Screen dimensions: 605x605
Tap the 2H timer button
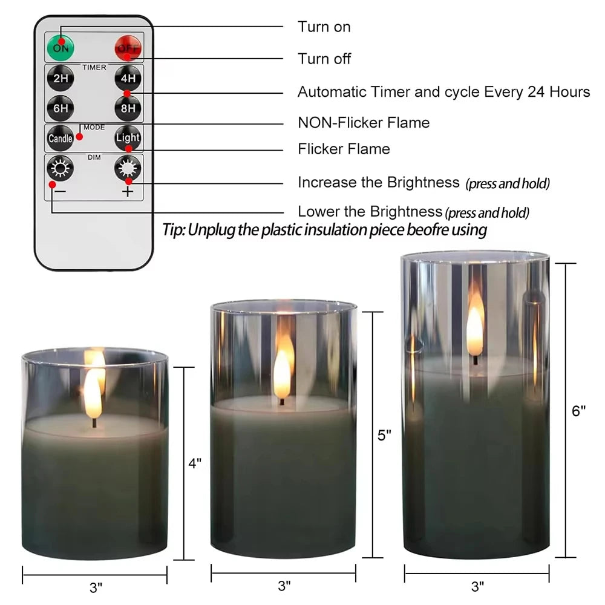pyautogui.click(x=60, y=79)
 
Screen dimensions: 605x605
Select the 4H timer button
pyautogui.click(x=128, y=79)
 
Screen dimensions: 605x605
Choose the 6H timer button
pyautogui.click(x=60, y=108)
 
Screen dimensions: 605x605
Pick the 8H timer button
pyautogui.click(x=128, y=108)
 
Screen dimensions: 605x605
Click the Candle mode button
pyautogui.click(x=60, y=138)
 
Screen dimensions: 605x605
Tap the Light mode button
pyautogui.click(x=128, y=138)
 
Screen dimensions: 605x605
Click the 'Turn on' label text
pyautogui.click(x=324, y=27)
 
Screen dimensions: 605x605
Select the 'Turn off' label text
pyautogui.click(x=324, y=59)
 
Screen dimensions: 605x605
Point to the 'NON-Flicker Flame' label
pyautogui.click(x=363, y=123)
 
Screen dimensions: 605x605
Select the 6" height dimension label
pyautogui.click(x=579, y=411)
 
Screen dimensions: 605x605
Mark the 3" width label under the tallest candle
pyautogui.click(x=477, y=586)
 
